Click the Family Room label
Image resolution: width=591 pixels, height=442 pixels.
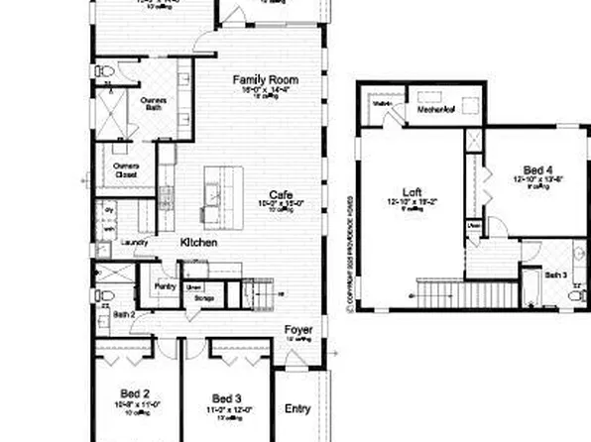(265, 79)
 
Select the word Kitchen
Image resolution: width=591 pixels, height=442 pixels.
(199, 243)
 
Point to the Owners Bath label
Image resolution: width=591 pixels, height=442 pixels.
(153, 104)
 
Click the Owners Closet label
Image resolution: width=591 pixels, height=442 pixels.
(126, 169)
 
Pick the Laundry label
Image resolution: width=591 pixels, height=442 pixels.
(135, 242)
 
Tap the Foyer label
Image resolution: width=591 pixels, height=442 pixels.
(298, 330)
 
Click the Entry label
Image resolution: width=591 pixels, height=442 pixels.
(297, 408)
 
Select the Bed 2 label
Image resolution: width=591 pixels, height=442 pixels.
(135, 393)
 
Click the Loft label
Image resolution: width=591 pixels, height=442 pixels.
(412, 192)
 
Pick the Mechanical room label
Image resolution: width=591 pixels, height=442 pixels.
(435, 112)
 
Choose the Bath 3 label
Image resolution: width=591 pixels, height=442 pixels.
(555, 274)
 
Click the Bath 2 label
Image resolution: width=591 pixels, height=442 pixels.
(123, 314)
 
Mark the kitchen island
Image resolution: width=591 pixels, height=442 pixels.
(223, 193)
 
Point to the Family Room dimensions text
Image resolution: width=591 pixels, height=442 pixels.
(265, 90)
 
